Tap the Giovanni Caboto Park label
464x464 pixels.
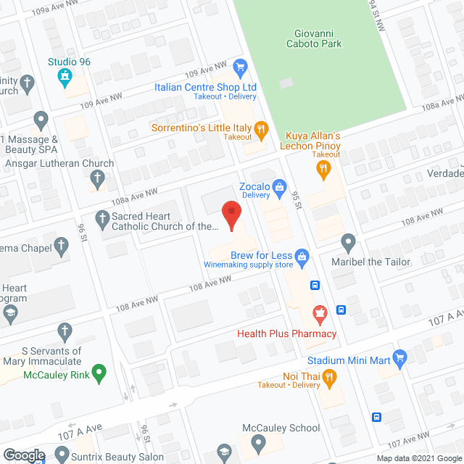[x=318, y=38]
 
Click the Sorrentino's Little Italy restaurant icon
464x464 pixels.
[x=262, y=128]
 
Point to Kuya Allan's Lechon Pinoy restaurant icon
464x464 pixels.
[x=323, y=170]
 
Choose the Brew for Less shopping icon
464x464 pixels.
[x=302, y=256]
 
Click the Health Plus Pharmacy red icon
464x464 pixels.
[x=318, y=315]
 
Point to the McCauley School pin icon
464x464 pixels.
[x=257, y=442]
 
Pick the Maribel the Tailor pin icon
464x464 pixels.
[x=349, y=242]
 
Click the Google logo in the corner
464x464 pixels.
[x=23, y=455]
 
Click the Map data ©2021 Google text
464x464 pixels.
[x=418, y=458]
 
